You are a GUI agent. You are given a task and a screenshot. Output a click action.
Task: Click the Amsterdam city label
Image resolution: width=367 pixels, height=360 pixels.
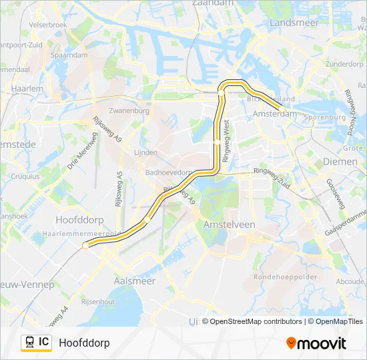(274, 115)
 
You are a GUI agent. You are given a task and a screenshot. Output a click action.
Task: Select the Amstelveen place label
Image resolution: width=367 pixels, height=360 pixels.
(229, 225)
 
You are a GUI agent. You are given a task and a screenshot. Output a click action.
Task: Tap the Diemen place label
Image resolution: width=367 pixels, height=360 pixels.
(340, 161)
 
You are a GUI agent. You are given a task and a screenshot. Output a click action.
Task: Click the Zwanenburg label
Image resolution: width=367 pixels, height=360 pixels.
(129, 111)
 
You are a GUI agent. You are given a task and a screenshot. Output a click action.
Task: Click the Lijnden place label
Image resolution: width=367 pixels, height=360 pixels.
(145, 152)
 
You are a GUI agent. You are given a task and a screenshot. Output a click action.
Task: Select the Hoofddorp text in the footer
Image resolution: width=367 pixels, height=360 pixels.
(84, 343)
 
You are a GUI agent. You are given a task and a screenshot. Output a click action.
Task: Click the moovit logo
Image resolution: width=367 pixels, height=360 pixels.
(316, 343)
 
